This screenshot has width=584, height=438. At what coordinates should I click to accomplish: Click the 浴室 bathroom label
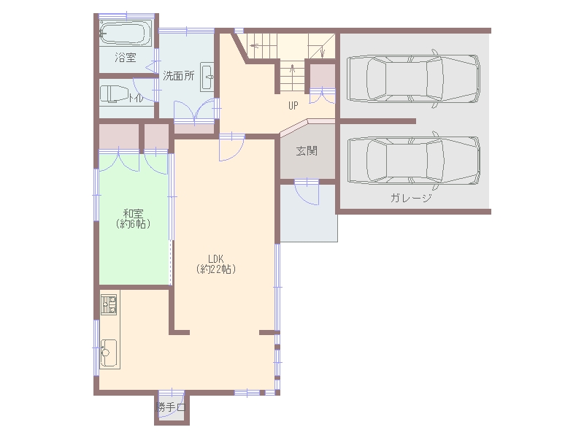pyautogui.click(x=126, y=58)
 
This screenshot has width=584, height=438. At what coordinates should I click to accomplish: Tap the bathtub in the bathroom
pyautogui.click(x=123, y=33)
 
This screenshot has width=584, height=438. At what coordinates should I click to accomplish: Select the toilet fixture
pyautogui.click(x=115, y=94)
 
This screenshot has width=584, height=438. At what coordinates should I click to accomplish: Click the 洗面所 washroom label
pyautogui.click(x=179, y=76)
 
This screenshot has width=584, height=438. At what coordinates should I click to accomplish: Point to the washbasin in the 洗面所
pyautogui.click(x=207, y=77)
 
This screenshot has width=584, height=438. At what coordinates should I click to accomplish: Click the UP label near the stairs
pyautogui.click(x=293, y=106)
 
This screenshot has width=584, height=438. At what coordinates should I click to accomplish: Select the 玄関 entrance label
pyautogui.click(x=307, y=151)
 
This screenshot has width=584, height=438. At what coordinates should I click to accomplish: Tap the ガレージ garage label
pyautogui.click(x=411, y=197)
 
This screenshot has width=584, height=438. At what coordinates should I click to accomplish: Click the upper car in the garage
pyautogui.click(x=413, y=78)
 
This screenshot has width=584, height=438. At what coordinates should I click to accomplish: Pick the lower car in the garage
pyautogui.click(x=413, y=160)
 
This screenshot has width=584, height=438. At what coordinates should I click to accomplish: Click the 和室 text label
pyautogui.click(x=133, y=213)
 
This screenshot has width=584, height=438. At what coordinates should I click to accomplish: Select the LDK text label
pyautogui.click(x=215, y=258)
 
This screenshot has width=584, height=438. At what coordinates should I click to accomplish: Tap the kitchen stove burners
pyautogui.click(x=109, y=304)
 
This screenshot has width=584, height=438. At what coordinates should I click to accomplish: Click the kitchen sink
pyautogui.click(x=109, y=352)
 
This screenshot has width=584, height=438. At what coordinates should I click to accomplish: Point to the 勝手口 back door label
pyautogui.click(x=171, y=407)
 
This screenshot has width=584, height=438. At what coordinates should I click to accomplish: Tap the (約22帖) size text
pyautogui.click(x=216, y=269)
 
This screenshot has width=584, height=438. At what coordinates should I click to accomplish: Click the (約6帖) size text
pyautogui.click(x=133, y=224)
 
